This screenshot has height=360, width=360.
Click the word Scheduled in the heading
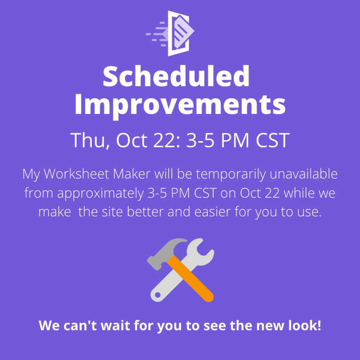[176, 77]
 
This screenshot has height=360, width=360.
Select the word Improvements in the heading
[180, 104]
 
